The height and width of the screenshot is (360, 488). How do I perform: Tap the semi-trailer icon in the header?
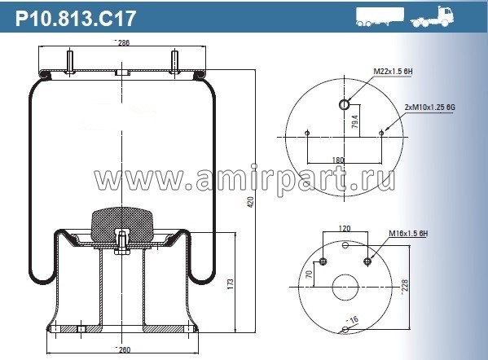(x=380, y=17)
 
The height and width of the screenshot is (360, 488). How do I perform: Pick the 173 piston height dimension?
(x=231, y=285)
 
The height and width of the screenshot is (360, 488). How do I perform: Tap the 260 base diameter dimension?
(x=122, y=349)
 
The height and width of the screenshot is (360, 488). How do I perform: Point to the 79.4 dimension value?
(x=354, y=123)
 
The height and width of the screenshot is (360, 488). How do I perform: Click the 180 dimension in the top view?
(x=339, y=160)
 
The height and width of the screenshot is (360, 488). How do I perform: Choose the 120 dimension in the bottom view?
(x=345, y=230)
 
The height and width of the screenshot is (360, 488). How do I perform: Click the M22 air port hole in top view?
(x=345, y=105)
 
